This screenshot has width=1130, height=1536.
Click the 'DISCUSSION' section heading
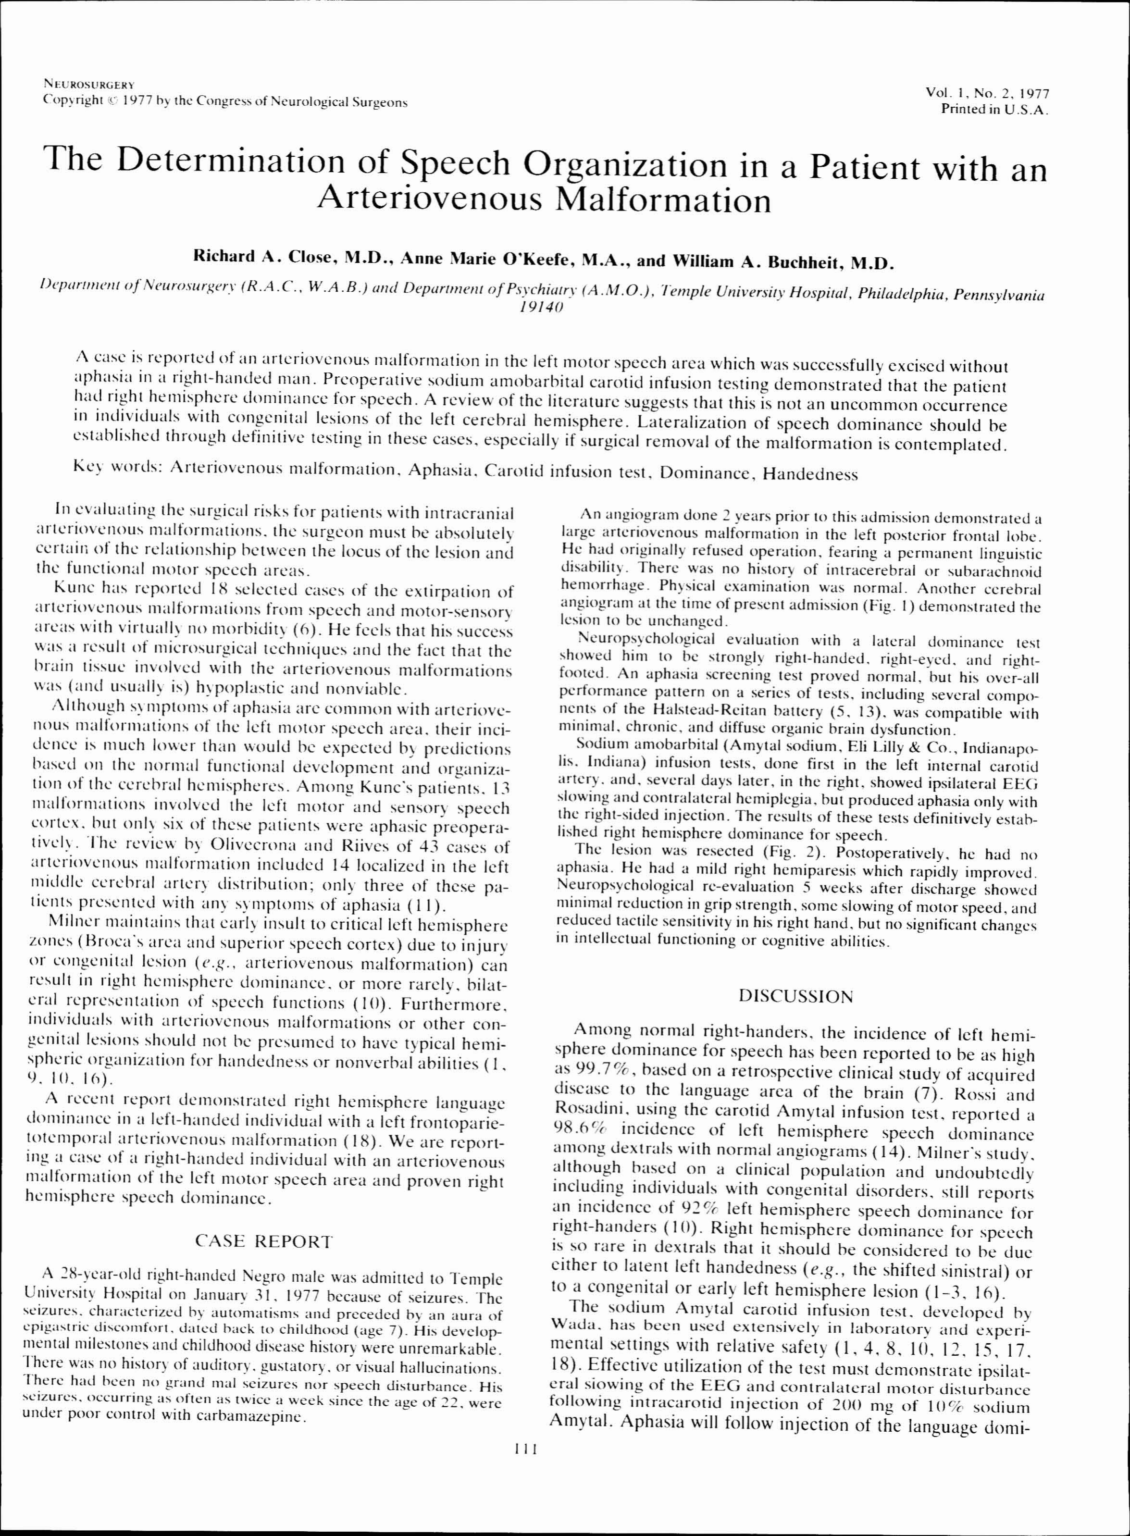pos(796,996)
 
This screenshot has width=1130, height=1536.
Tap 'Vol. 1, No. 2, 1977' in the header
pos(987,93)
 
